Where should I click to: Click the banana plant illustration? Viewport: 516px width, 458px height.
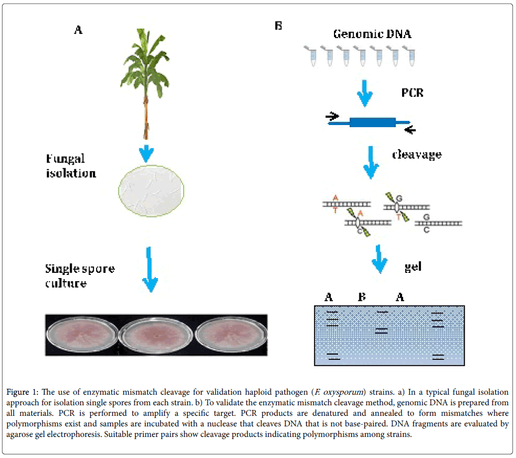point(146,79)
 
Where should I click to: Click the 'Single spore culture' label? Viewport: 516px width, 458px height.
point(79,275)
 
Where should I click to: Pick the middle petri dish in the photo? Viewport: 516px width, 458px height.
point(156,338)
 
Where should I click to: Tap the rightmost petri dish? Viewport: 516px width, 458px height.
point(228,338)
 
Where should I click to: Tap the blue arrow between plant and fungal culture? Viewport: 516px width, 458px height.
point(147,153)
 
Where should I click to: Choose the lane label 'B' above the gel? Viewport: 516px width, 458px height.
point(362,297)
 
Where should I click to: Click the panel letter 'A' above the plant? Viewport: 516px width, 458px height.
point(78,30)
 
